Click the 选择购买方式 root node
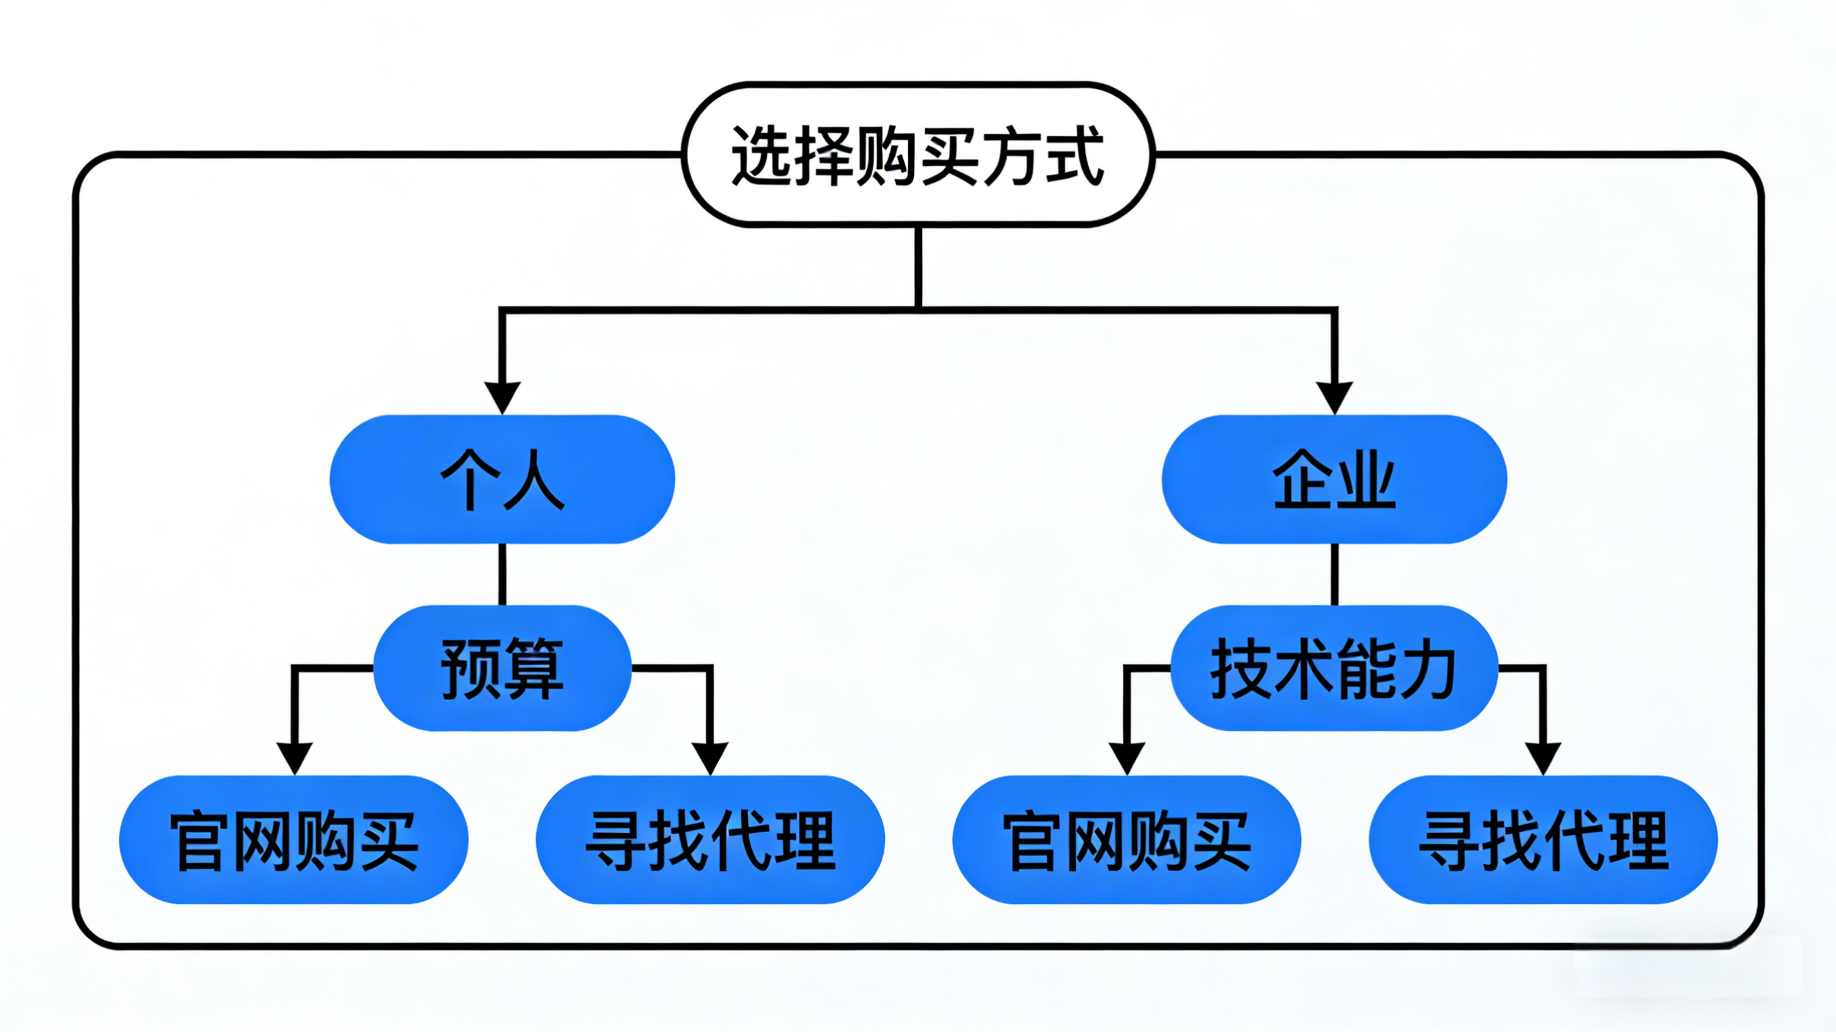(918, 155)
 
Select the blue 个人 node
(502, 479)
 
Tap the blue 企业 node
(1333, 479)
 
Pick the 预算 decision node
(502, 668)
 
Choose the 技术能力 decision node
(1333, 668)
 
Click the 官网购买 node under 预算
(294, 840)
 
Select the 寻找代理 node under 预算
(710, 840)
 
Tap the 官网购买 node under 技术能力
(1126, 840)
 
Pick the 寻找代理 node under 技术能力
(1543, 840)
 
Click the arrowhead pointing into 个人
(502, 397)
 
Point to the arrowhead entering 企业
(1333, 397)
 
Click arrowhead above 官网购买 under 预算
(294, 758)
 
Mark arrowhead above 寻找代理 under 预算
(710, 758)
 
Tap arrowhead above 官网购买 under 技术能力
(1127, 758)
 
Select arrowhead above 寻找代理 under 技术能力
(1543, 758)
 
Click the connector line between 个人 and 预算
(502, 574)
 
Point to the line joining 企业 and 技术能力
(1333, 574)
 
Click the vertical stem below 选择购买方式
(918, 267)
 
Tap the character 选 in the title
(761, 155)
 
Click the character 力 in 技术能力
(1427, 669)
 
